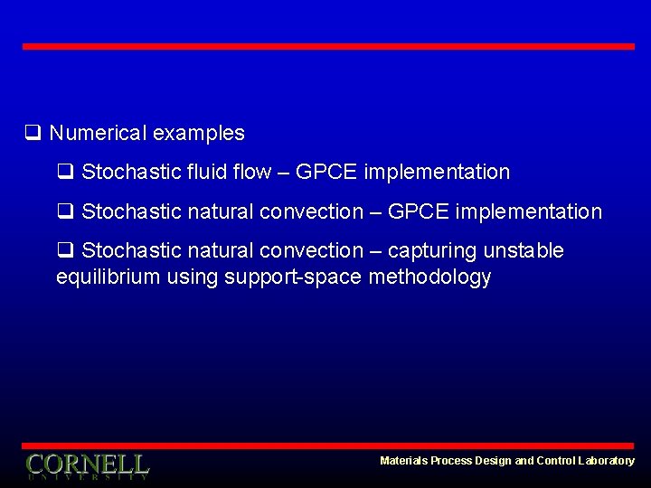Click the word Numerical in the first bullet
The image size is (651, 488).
[98, 133]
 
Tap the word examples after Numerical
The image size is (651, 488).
[198, 133]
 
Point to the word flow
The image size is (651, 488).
[252, 172]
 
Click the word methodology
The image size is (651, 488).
[429, 277]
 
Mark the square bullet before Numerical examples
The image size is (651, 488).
[33, 133]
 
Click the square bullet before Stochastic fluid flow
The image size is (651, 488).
[65, 172]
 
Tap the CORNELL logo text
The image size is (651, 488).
[87, 465]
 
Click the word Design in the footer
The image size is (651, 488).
[494, 461]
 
